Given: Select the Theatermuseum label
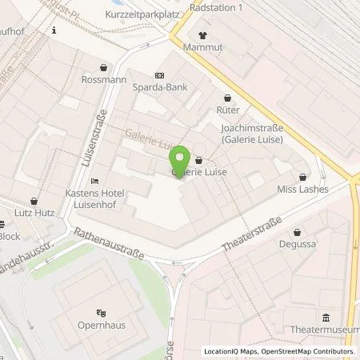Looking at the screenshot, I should coord(326,330).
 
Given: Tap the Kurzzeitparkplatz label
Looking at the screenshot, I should coord(139,15).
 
